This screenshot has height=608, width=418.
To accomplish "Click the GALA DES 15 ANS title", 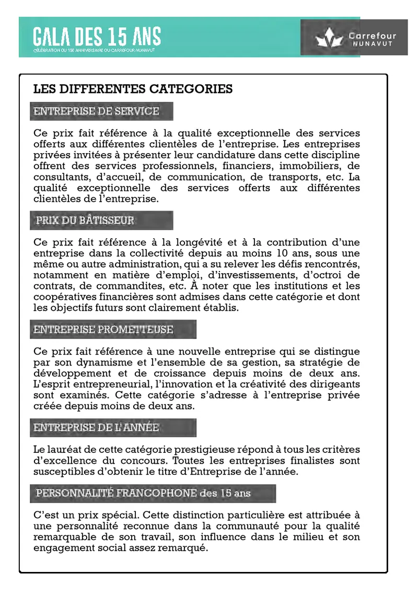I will [97, 37].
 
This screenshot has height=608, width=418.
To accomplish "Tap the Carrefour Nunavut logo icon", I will [328, 38].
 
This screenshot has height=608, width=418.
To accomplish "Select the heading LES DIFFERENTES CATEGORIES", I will [133, 89].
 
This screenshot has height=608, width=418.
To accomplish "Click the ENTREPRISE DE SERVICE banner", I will [101, 111].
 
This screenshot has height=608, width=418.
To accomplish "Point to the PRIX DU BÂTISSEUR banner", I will [101, 220].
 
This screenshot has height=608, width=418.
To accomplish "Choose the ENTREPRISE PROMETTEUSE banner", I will [113, 330].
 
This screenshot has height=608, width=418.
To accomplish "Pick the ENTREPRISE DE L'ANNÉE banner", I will [113, 428].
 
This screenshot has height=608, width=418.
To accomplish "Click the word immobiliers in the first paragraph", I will [293, 166].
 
